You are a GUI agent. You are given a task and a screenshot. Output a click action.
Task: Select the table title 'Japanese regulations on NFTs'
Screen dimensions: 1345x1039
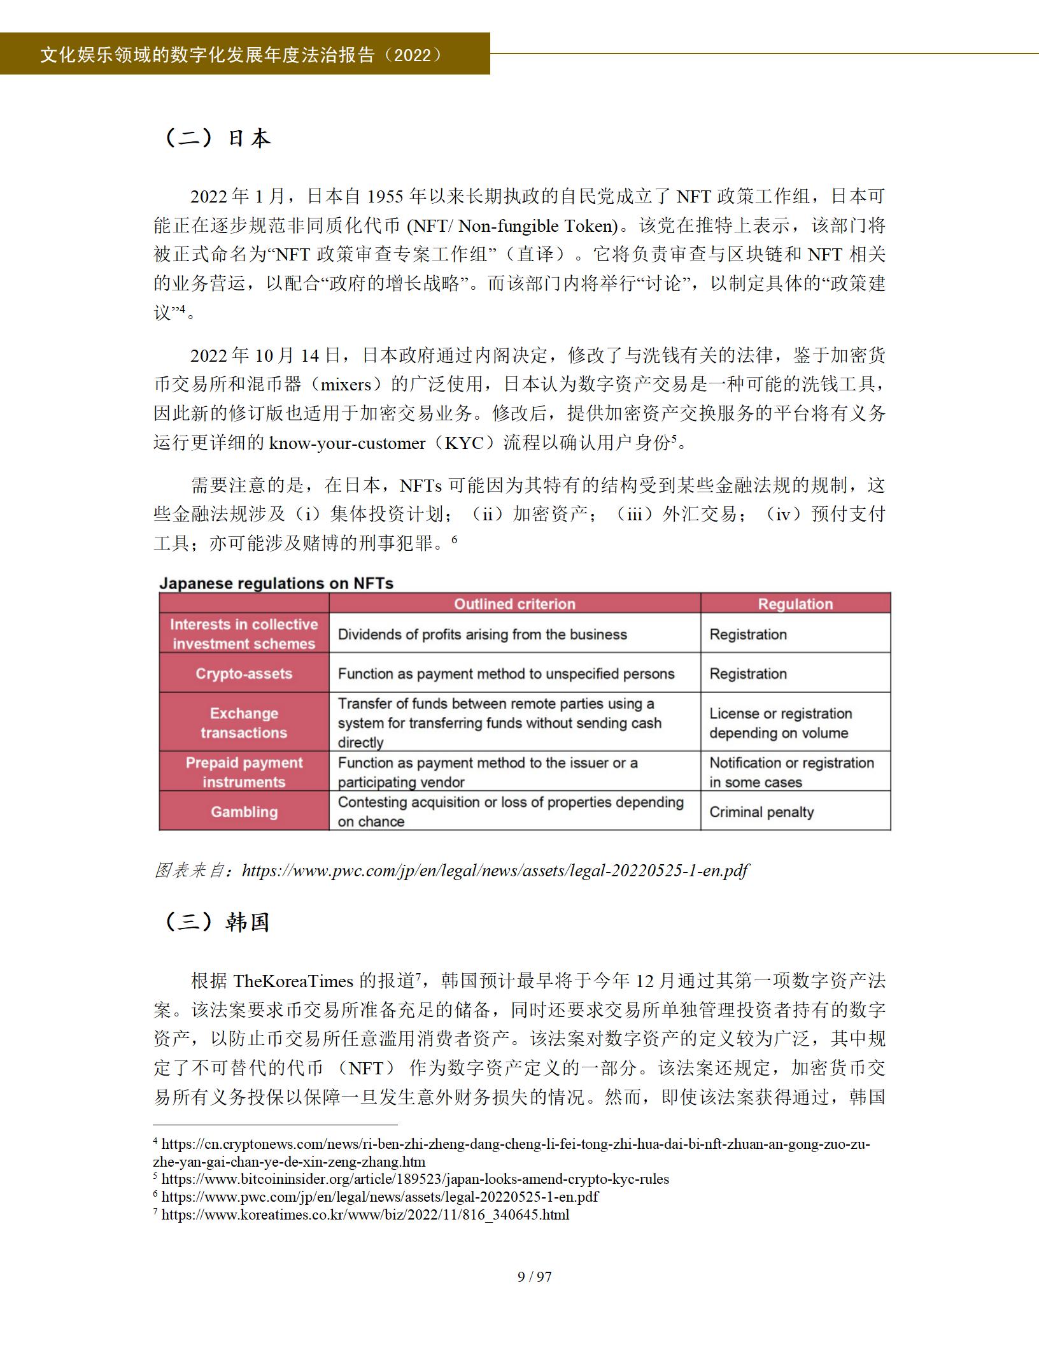click(276, 583)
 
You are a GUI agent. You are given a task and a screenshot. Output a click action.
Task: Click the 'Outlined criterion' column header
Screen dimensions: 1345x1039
click(514, 604)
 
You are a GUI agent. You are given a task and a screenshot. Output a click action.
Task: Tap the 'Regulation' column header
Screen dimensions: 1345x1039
click(795, 604)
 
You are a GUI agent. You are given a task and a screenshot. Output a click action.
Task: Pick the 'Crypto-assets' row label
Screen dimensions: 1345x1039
click(244, 674)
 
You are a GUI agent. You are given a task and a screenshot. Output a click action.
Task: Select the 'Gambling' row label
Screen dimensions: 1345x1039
click(244, 812)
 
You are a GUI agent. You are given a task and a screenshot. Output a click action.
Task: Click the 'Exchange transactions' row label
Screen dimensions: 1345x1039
click(244, 723)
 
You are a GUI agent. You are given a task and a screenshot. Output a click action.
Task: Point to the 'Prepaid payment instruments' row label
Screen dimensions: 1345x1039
click(244, 772)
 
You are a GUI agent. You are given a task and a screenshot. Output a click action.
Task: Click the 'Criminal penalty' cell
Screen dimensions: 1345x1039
click(761, 812)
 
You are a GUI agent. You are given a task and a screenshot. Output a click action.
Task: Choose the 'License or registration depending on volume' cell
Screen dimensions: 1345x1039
click(781, 723)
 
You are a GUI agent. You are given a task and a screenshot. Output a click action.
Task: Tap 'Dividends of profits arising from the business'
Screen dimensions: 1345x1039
click(482, 634)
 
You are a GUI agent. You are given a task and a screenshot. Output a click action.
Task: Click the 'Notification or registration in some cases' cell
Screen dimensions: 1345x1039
click(791, 772)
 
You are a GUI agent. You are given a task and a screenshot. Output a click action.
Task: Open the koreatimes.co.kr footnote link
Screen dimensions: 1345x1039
click(365, 1214)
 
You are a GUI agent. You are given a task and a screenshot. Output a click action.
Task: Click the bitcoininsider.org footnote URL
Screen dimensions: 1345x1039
click(414, 1179)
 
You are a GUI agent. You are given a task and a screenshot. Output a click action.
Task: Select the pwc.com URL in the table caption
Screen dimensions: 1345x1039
click(495, 870)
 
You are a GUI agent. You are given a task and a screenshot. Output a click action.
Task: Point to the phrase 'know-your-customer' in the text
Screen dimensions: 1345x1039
click(347, 443)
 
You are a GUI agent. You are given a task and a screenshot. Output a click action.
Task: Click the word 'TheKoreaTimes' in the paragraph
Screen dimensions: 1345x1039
click(293, 981)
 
